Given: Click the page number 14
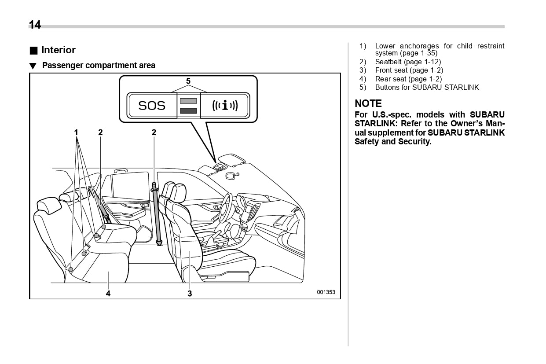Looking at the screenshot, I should pos(35,25).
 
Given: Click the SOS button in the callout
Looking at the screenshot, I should pos(152,106).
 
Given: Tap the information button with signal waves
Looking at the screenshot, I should pos(225,106).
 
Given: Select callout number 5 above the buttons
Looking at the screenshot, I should pos(188,81).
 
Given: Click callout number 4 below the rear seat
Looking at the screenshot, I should pos(108,294).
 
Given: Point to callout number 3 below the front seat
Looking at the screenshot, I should pos(190,294).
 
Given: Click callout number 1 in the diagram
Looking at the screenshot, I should pos(76,132).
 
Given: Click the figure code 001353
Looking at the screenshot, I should pos(326,292).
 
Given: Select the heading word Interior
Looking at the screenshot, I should pos(58,50).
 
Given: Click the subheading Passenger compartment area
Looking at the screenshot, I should pos(99,66).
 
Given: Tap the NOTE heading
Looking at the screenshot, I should pos(368,103).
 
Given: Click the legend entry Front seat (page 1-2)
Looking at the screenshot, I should pos(409,70).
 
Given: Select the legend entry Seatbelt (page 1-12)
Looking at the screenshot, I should pos(408,62).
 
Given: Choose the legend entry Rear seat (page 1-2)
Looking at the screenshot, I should pos(408,79).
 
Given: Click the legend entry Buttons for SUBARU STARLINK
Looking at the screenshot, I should pos(427,88).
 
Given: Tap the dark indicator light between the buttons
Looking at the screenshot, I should pos(188,110).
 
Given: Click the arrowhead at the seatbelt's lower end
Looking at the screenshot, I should pos(159,242).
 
